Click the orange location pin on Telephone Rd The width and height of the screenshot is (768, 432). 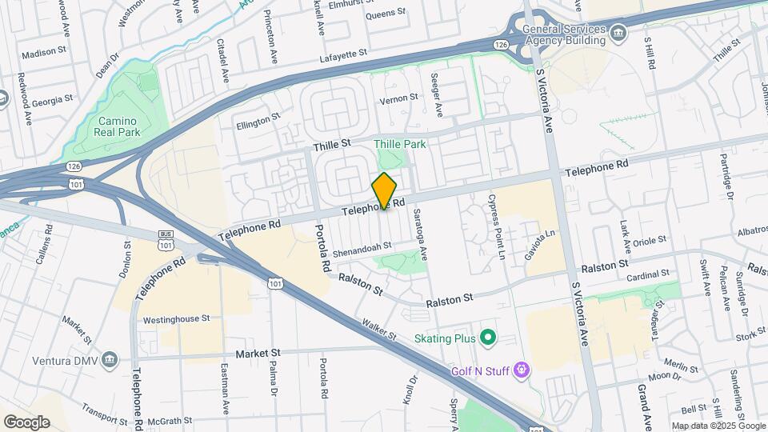tap(384, 190)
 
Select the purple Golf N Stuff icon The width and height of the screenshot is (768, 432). tap(522, 369)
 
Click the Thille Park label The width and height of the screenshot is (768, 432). tap(400, 144)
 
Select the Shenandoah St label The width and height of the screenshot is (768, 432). tap(362, 246)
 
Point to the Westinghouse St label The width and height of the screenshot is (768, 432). tap(176, 318)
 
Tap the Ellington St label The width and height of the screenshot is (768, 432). tap(258, 121)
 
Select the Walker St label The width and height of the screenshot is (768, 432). tap(378, 329)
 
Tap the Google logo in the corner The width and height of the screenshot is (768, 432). tap(26, 422)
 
